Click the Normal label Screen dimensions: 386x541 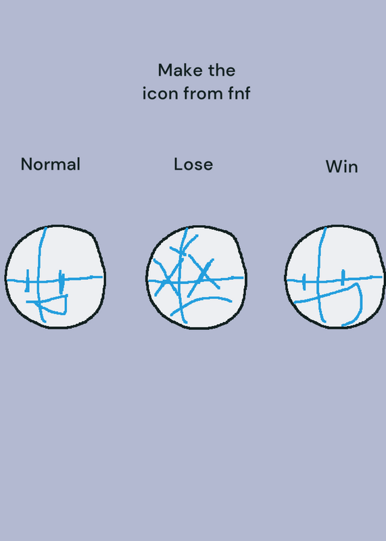pos(51,164)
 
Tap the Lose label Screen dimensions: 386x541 pos(193,164)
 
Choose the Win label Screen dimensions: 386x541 pos(342,166)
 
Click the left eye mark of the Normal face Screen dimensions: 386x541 pos(27,281)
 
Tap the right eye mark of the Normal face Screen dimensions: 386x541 pos(61,282)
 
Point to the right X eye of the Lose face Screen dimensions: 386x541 pos(204,275)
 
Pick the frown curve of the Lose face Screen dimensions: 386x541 pos(200,300)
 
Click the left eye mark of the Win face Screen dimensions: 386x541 pos(304,282)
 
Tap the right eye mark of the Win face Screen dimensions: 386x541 pos(343,278)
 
